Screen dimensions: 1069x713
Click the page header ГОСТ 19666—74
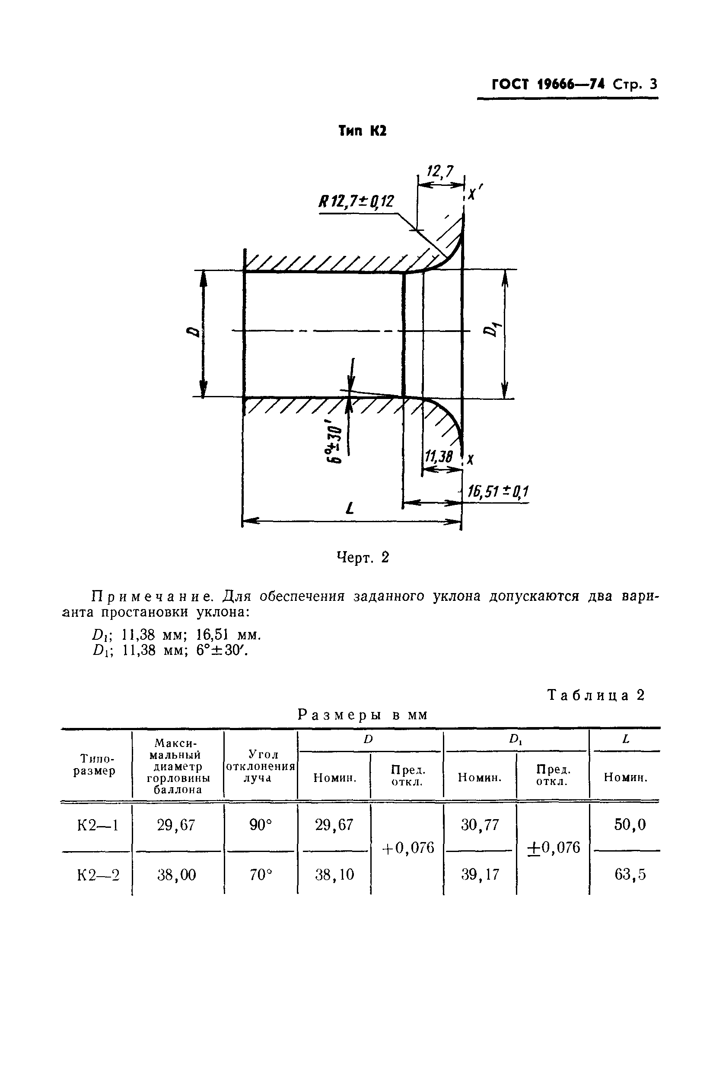[547, 85]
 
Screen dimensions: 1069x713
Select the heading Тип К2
[363, 131]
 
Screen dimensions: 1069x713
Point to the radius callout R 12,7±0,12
[356, 201]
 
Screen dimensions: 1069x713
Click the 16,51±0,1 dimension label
[498, 491]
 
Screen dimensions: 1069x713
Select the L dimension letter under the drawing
[349, 508]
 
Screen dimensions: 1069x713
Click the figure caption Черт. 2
[363, 557]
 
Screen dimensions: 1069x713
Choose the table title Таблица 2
[596, 695]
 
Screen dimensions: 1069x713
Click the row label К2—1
[98, 825]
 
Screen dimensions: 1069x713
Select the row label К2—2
[98, 874]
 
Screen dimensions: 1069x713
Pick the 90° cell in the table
[260, 825]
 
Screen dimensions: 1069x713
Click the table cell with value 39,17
[480, 874]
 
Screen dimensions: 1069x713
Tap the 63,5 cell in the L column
[630, 874]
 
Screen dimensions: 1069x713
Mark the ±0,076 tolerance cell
[554, 848]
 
